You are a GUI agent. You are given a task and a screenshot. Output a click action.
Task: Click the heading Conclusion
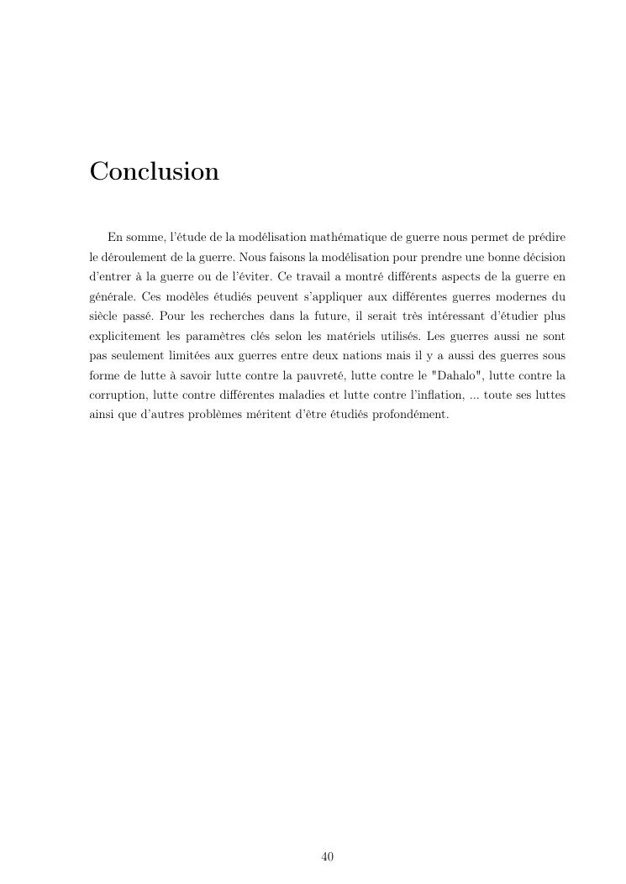(x=154, y=171)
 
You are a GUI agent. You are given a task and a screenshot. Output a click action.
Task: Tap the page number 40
(x=328, y=856)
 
